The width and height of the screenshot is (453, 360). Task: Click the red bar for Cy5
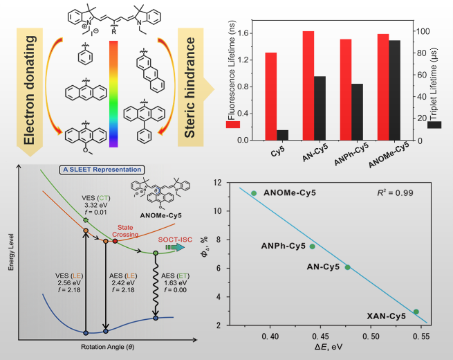(x=271, y=96)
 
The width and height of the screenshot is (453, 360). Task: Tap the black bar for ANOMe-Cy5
(x=394, y=90)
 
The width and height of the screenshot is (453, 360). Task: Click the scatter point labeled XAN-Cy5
(x=416, y=312)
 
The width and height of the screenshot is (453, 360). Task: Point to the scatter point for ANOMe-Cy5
(x=254, y=193)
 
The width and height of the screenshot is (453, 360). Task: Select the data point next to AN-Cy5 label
(x=347, y=267)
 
